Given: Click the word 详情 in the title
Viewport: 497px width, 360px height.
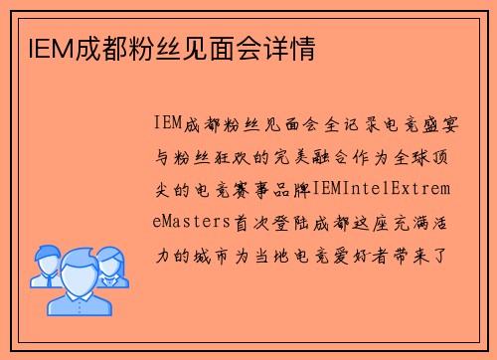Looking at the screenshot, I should [293, 48].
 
